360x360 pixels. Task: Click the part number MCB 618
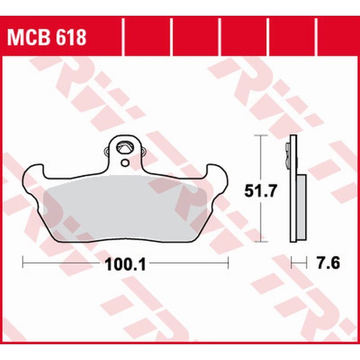[46, 38]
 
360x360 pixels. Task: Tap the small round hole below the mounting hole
[125, 162]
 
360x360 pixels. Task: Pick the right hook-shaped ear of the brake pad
[217, 173]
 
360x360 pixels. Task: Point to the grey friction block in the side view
[301, 207]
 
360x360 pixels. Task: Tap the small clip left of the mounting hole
[106, 152]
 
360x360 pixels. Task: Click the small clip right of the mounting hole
[144, 152]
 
